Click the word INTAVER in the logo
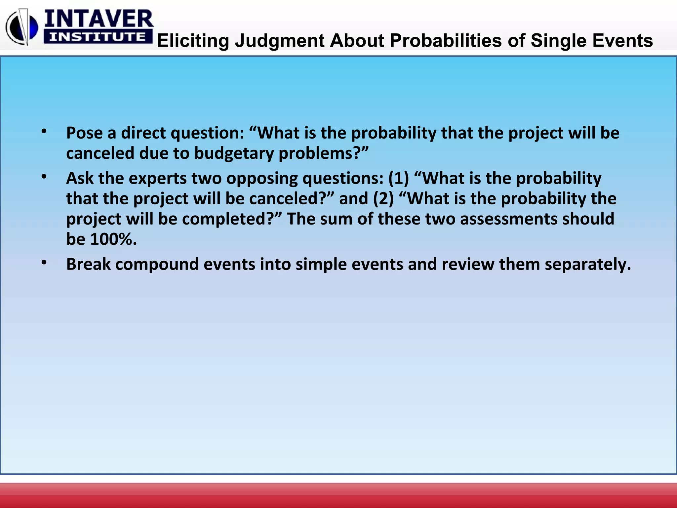tap(99, 19)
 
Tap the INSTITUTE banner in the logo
tap(98, 37)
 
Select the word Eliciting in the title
tap(193, 41)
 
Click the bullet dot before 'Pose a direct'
tap(44, 132)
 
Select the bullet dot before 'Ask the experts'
tap(44, 177)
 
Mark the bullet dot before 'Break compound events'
tap(44, 263)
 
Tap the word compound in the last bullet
tap(157, 265)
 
